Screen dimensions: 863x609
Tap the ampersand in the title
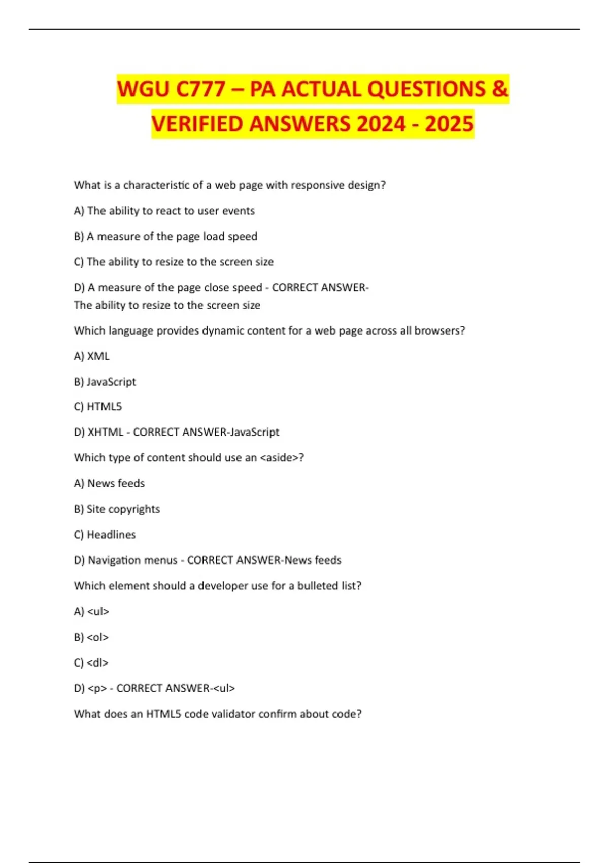tap(499, 89)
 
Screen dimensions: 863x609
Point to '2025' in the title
tap(449, 124)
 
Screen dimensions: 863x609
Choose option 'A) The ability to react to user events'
tap(164, 211)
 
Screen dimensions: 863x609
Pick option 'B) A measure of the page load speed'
tap(165, 237)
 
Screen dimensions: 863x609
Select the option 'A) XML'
tap(91, 356)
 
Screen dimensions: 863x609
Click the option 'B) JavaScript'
tap(105, 382)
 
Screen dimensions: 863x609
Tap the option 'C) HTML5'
tap(98, 407)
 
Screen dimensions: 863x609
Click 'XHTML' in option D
tap(106, 432)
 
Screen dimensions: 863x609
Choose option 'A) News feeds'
tap(109, 483)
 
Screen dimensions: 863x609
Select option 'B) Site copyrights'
tap(117, 509)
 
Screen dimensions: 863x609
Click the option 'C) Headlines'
tap(105, 535)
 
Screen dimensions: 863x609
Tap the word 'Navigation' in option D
tap(114, 560)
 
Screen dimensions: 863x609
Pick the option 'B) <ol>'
tap(91, 637)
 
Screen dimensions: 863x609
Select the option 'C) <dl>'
tap(91, 663)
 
